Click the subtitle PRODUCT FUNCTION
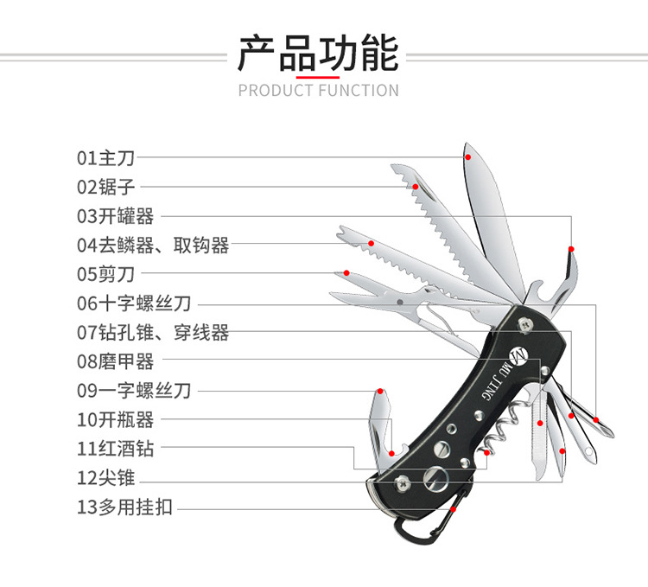click(318, 90)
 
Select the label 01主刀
click(107, 157)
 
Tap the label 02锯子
click(107, 186)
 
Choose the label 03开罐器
click(116, 216)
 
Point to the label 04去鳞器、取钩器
click(153, 246)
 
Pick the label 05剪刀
click(107, 275)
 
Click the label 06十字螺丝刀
click(134, 303)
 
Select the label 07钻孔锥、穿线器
click(153, 332)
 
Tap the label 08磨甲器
click(116, 361)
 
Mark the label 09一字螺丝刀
click(134, 391)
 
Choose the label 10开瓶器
click(116, 420)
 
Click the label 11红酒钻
click(116, 449)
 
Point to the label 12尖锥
click(107, 478)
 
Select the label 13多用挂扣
click(125, 507)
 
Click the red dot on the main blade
click(467, 157)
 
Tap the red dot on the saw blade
click(416, 187)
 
